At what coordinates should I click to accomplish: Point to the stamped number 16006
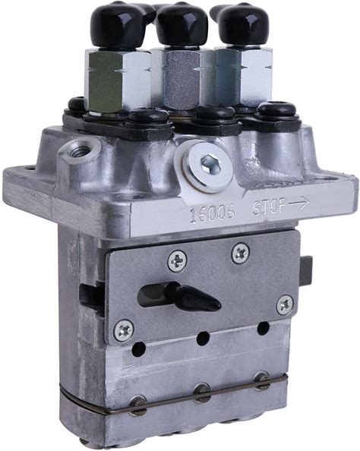[213, 213]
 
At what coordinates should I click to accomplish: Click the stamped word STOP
[270, 207]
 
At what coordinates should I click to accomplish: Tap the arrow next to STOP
[298, 203]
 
